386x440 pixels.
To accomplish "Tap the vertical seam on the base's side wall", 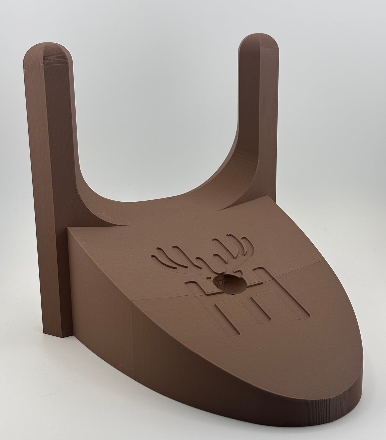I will click(x=132, y=347).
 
